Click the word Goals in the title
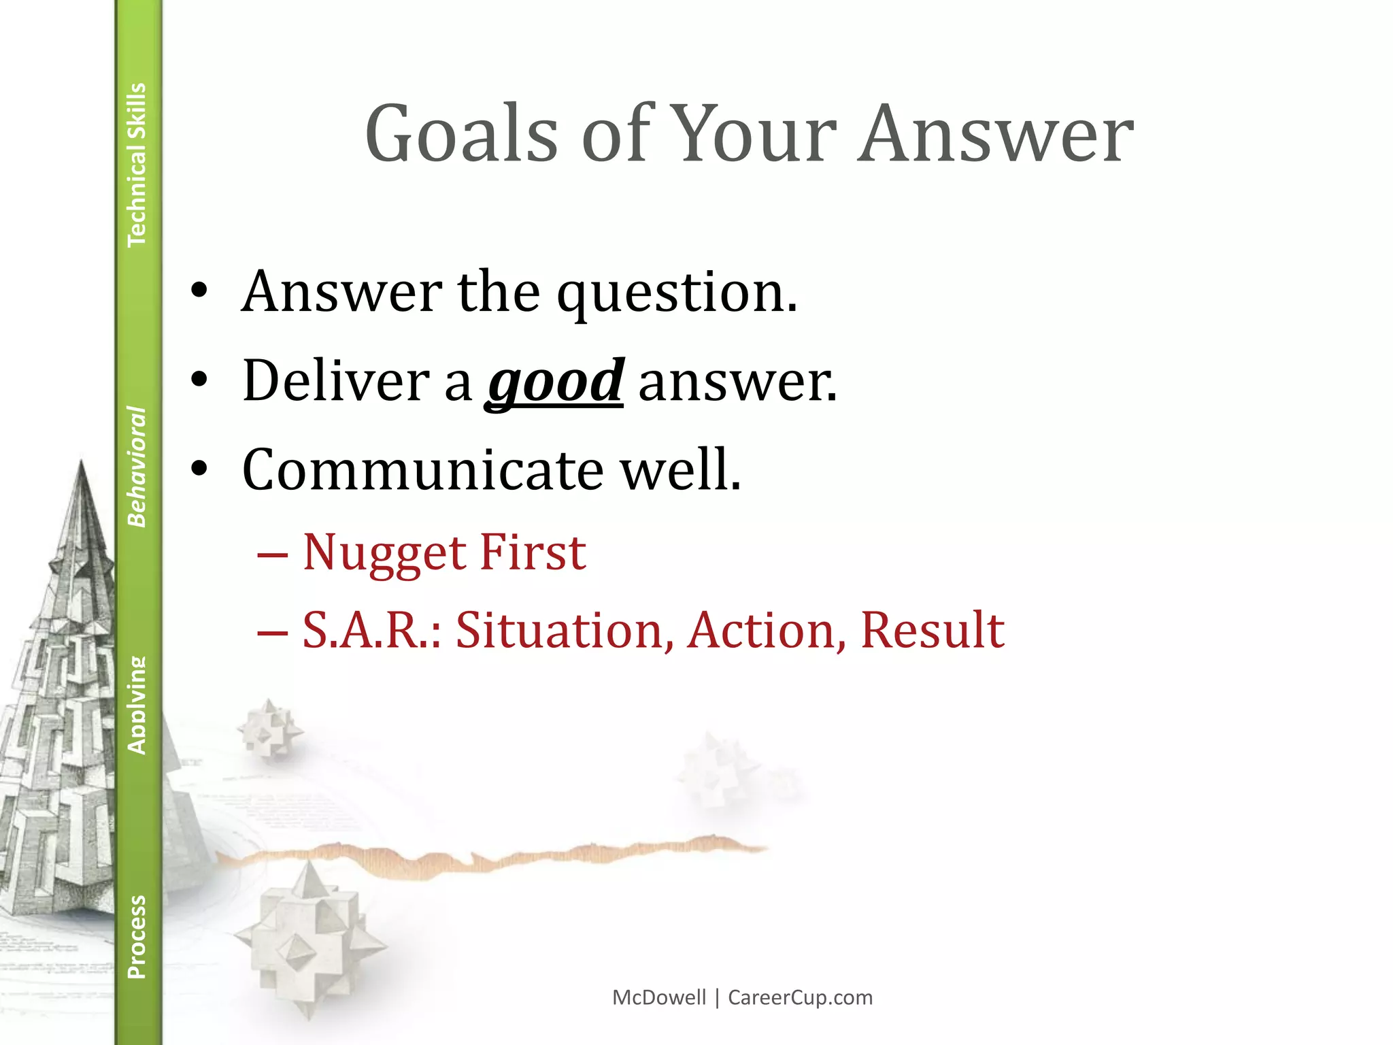(461, 134)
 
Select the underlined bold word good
(554, 382)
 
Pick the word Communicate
(422, 470)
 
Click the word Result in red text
(932, 630)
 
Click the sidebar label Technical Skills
(137, 165)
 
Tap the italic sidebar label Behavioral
(137, 467)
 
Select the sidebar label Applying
(137, 705)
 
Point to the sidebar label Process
(137, 937)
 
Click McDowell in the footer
(659, 997)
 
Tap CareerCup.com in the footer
(800, 997)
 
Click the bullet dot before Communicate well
(199, 469)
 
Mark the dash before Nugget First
(272, 555)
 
